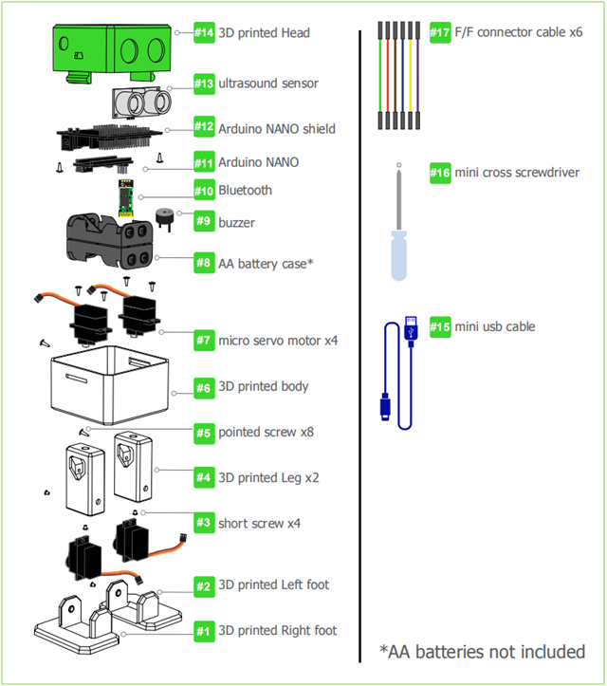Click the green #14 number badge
(204, 32)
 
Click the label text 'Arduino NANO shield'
(276, 128)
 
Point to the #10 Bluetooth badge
(204, 190)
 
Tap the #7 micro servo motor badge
(204, 340)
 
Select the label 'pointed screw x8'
(266, 432)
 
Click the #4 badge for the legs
(204, 477)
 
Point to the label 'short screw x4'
(259, 523)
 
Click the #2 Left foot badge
(204, 584)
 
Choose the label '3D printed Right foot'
(277, 630)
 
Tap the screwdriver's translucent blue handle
(400, 257)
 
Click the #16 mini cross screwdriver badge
(440, 173)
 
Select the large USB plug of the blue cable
(412, 330)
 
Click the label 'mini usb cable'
(494, 326)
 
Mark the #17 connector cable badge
(440, 32)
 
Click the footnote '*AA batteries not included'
(482, 652)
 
